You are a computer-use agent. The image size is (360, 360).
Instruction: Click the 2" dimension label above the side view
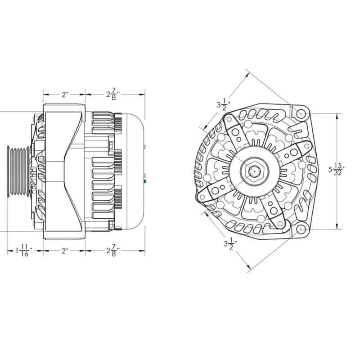pyautogui.click(x=65, y=95)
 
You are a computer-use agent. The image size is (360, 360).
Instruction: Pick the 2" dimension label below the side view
pyautogui.click(x=65, y=251)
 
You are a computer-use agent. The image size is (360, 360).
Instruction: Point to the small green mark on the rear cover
pyautogui.click(x=145, y=182)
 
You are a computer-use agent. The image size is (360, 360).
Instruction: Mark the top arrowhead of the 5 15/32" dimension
pyautogui.click(x=337, y=114)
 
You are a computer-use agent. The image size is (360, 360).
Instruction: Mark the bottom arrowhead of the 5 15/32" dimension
pyautogui.click(x=337, y=228)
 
